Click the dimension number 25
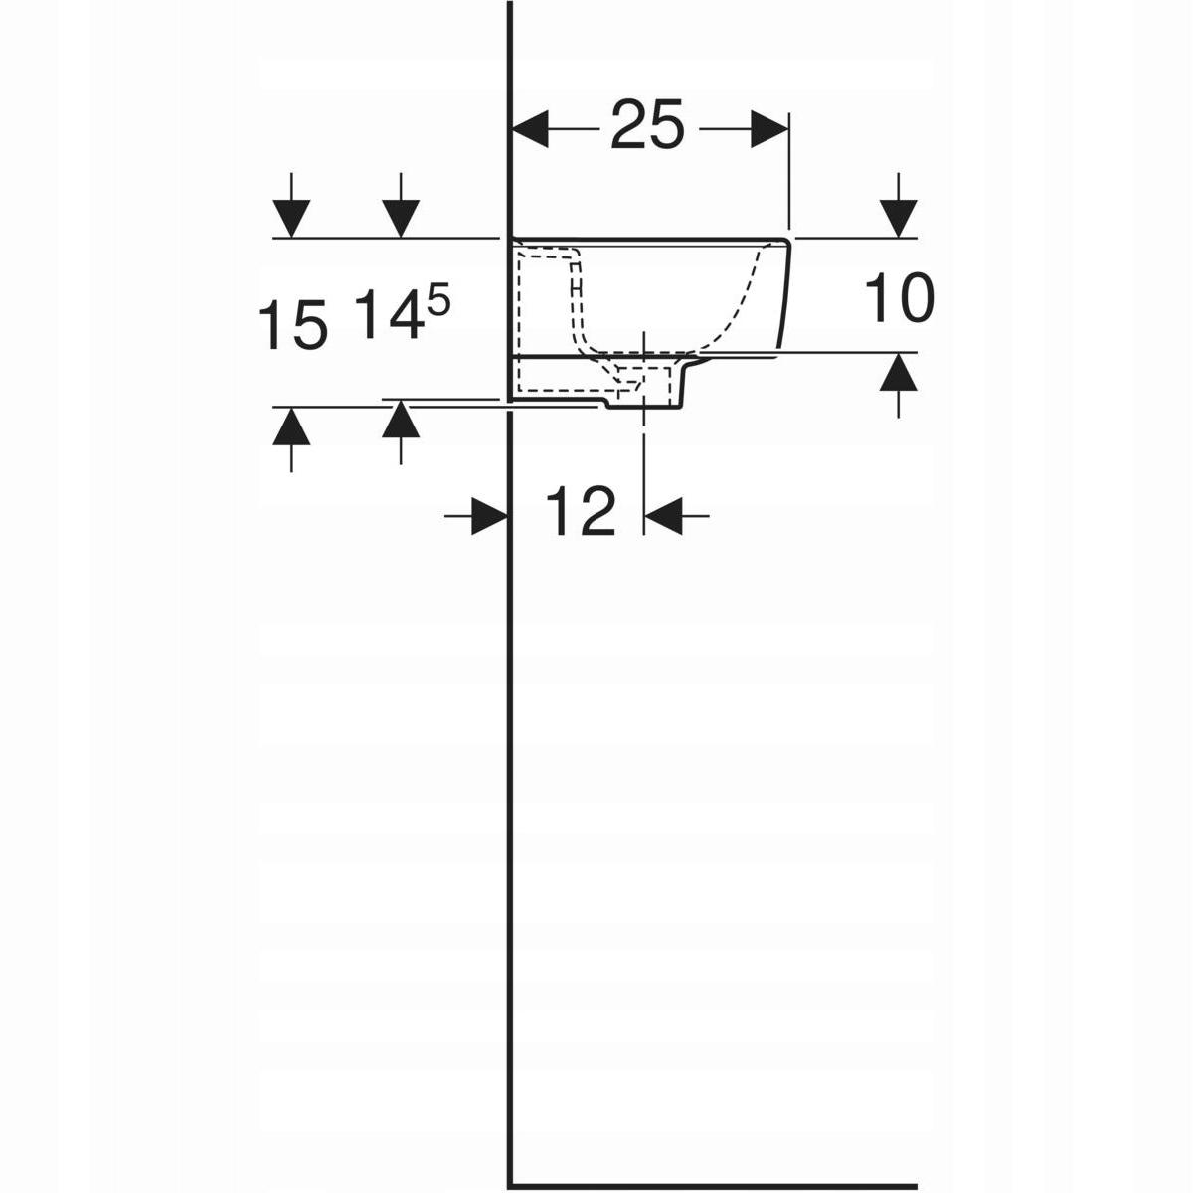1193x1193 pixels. coord(647,124)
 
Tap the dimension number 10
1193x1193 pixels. coord(899,299)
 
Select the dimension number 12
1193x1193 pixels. coord(581,511)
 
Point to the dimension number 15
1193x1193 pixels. coord(292,324)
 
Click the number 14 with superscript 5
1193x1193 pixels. coord(403,314)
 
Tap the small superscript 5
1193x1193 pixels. coord(437,304)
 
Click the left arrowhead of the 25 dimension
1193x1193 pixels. coord(528,129)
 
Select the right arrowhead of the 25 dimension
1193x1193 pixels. coord(770,129)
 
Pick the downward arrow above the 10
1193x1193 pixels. coord(899,206)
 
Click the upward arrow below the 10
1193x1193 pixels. coord(899,385)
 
